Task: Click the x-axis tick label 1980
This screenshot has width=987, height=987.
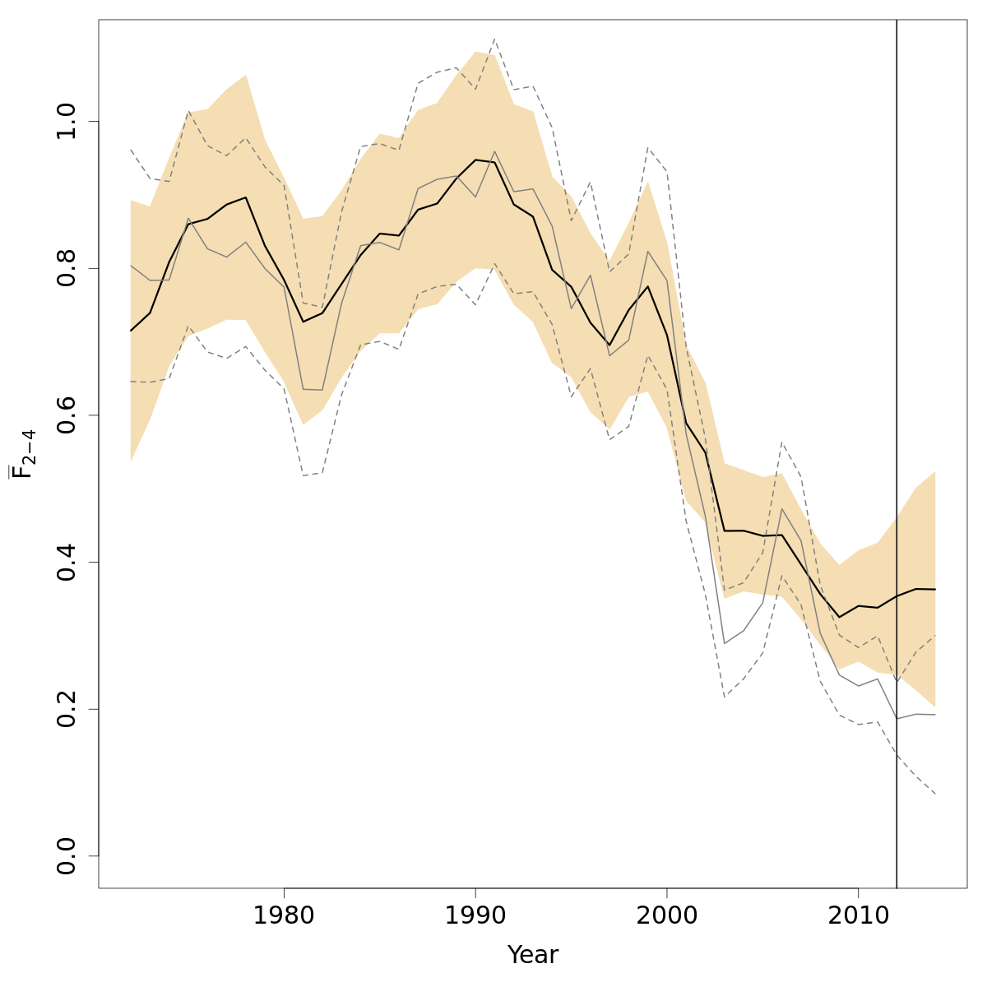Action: coord(284,915)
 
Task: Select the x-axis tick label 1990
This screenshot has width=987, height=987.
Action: coord(475,915)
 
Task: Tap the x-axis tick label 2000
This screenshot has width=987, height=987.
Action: coord(667,915)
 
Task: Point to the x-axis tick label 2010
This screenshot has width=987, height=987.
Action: coord(859,915)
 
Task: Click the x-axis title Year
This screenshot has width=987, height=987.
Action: coord(532,955)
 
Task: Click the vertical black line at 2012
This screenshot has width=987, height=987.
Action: coord(897,411)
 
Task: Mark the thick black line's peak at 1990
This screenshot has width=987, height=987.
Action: coord(475,160)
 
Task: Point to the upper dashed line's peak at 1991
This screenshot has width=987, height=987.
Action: coord(494,39)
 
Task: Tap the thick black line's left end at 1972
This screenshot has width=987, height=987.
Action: coord(131,331)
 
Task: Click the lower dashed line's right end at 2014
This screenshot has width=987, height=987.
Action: coord(935,794)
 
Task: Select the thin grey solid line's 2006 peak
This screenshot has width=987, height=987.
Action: coord(782,508)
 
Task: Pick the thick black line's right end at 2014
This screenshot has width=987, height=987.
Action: coord(935,589)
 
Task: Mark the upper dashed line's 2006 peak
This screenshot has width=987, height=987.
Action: coord(782,443)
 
